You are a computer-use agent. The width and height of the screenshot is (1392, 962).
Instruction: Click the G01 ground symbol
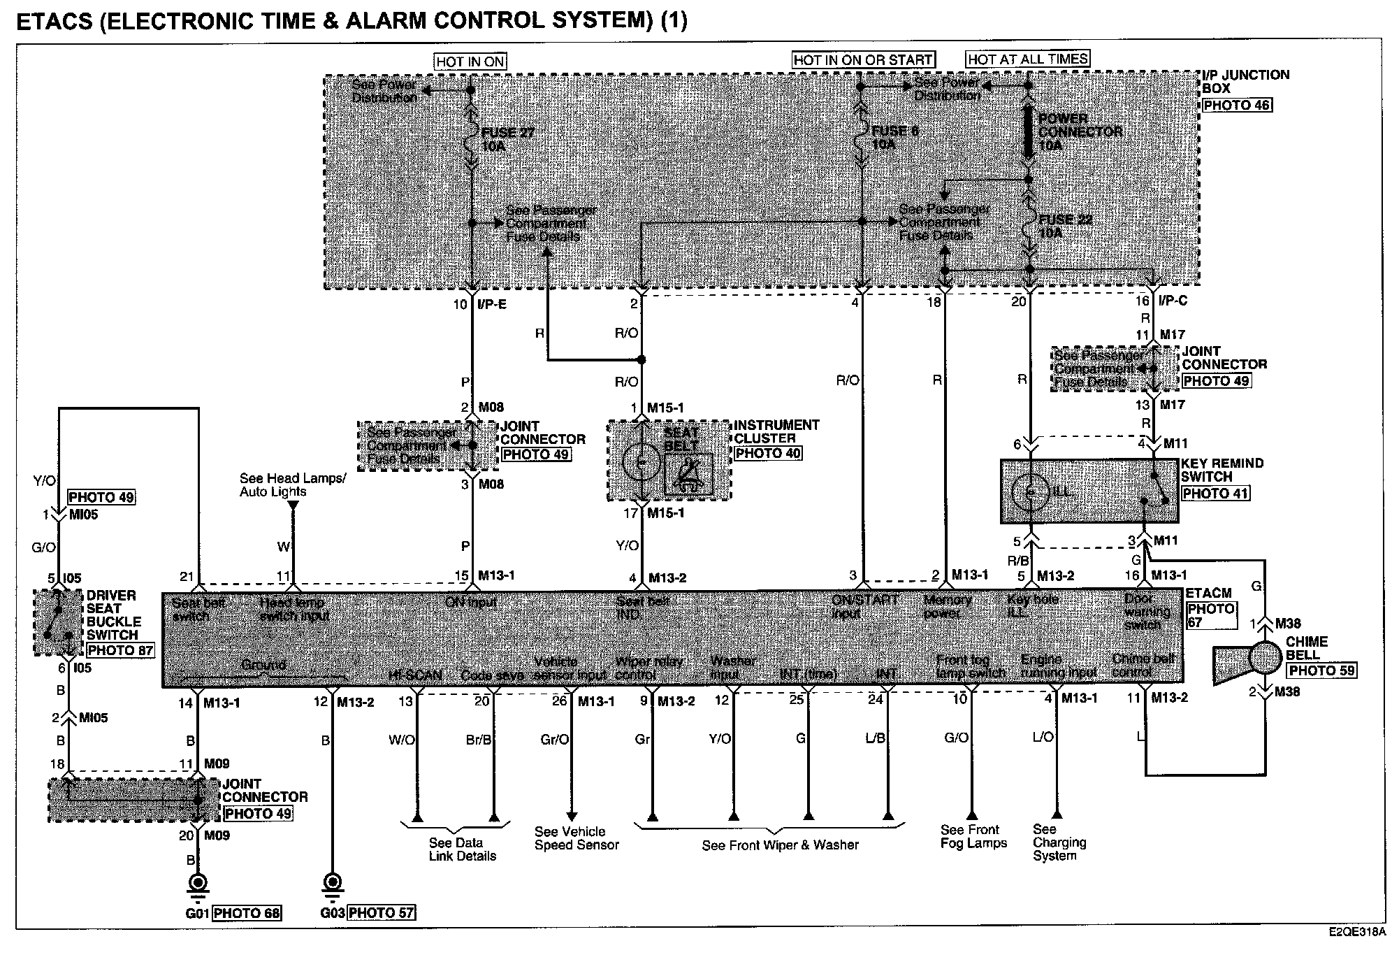(198, 883)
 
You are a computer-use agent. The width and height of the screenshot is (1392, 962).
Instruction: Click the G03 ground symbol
(332, 883)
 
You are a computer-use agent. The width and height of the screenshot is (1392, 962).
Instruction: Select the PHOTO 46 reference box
(1237, 105)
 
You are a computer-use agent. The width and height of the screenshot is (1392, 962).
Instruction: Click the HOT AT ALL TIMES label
(1027, 59)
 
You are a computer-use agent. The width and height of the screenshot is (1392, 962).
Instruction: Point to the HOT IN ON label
(470, 62)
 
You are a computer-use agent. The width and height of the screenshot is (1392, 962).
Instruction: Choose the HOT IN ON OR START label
(862, 60)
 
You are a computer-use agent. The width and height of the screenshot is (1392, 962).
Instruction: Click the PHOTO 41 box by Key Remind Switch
(1215, 493)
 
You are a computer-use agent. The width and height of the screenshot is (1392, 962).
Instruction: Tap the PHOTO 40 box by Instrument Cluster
(767, 453)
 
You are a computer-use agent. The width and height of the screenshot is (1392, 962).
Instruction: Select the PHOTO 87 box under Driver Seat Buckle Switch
(119, 649)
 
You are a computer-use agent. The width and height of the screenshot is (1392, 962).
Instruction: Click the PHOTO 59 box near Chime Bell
(1321, 670)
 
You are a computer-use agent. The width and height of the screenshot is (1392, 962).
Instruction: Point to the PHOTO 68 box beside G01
(247, 913)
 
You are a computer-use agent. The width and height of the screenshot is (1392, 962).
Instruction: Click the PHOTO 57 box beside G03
(381, 913)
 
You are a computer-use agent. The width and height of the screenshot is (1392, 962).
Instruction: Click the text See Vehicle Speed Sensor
(577, 838)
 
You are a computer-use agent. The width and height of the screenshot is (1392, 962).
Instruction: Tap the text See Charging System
(1059, 842)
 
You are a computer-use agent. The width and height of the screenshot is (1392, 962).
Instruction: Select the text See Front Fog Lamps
(973, 836)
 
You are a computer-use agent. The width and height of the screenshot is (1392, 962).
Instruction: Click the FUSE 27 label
(507, 132)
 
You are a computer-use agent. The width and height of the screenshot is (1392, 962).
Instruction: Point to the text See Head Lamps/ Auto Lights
(292, 484)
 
